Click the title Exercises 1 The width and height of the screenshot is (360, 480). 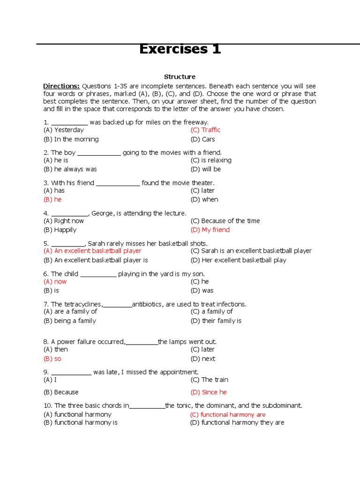(180, 49)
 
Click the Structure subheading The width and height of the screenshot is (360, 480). (180, 77)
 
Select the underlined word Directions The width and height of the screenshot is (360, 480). (61, 86)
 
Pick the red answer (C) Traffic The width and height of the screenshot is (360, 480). (205, 130)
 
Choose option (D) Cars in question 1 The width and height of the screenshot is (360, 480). (202, 139)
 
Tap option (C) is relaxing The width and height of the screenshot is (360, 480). (210, 160)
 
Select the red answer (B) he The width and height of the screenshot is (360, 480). (52, 200)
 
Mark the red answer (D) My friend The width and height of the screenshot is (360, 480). (210, 230)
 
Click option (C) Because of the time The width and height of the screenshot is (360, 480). (225, 221)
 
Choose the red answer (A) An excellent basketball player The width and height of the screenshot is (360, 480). (92, 251)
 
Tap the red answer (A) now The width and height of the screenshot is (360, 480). (55, 282)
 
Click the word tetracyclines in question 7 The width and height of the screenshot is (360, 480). (82, 305)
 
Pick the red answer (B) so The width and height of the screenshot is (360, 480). (52, 359)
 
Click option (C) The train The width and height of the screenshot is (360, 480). (209, 380)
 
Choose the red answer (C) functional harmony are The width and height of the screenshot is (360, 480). (228, 415)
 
